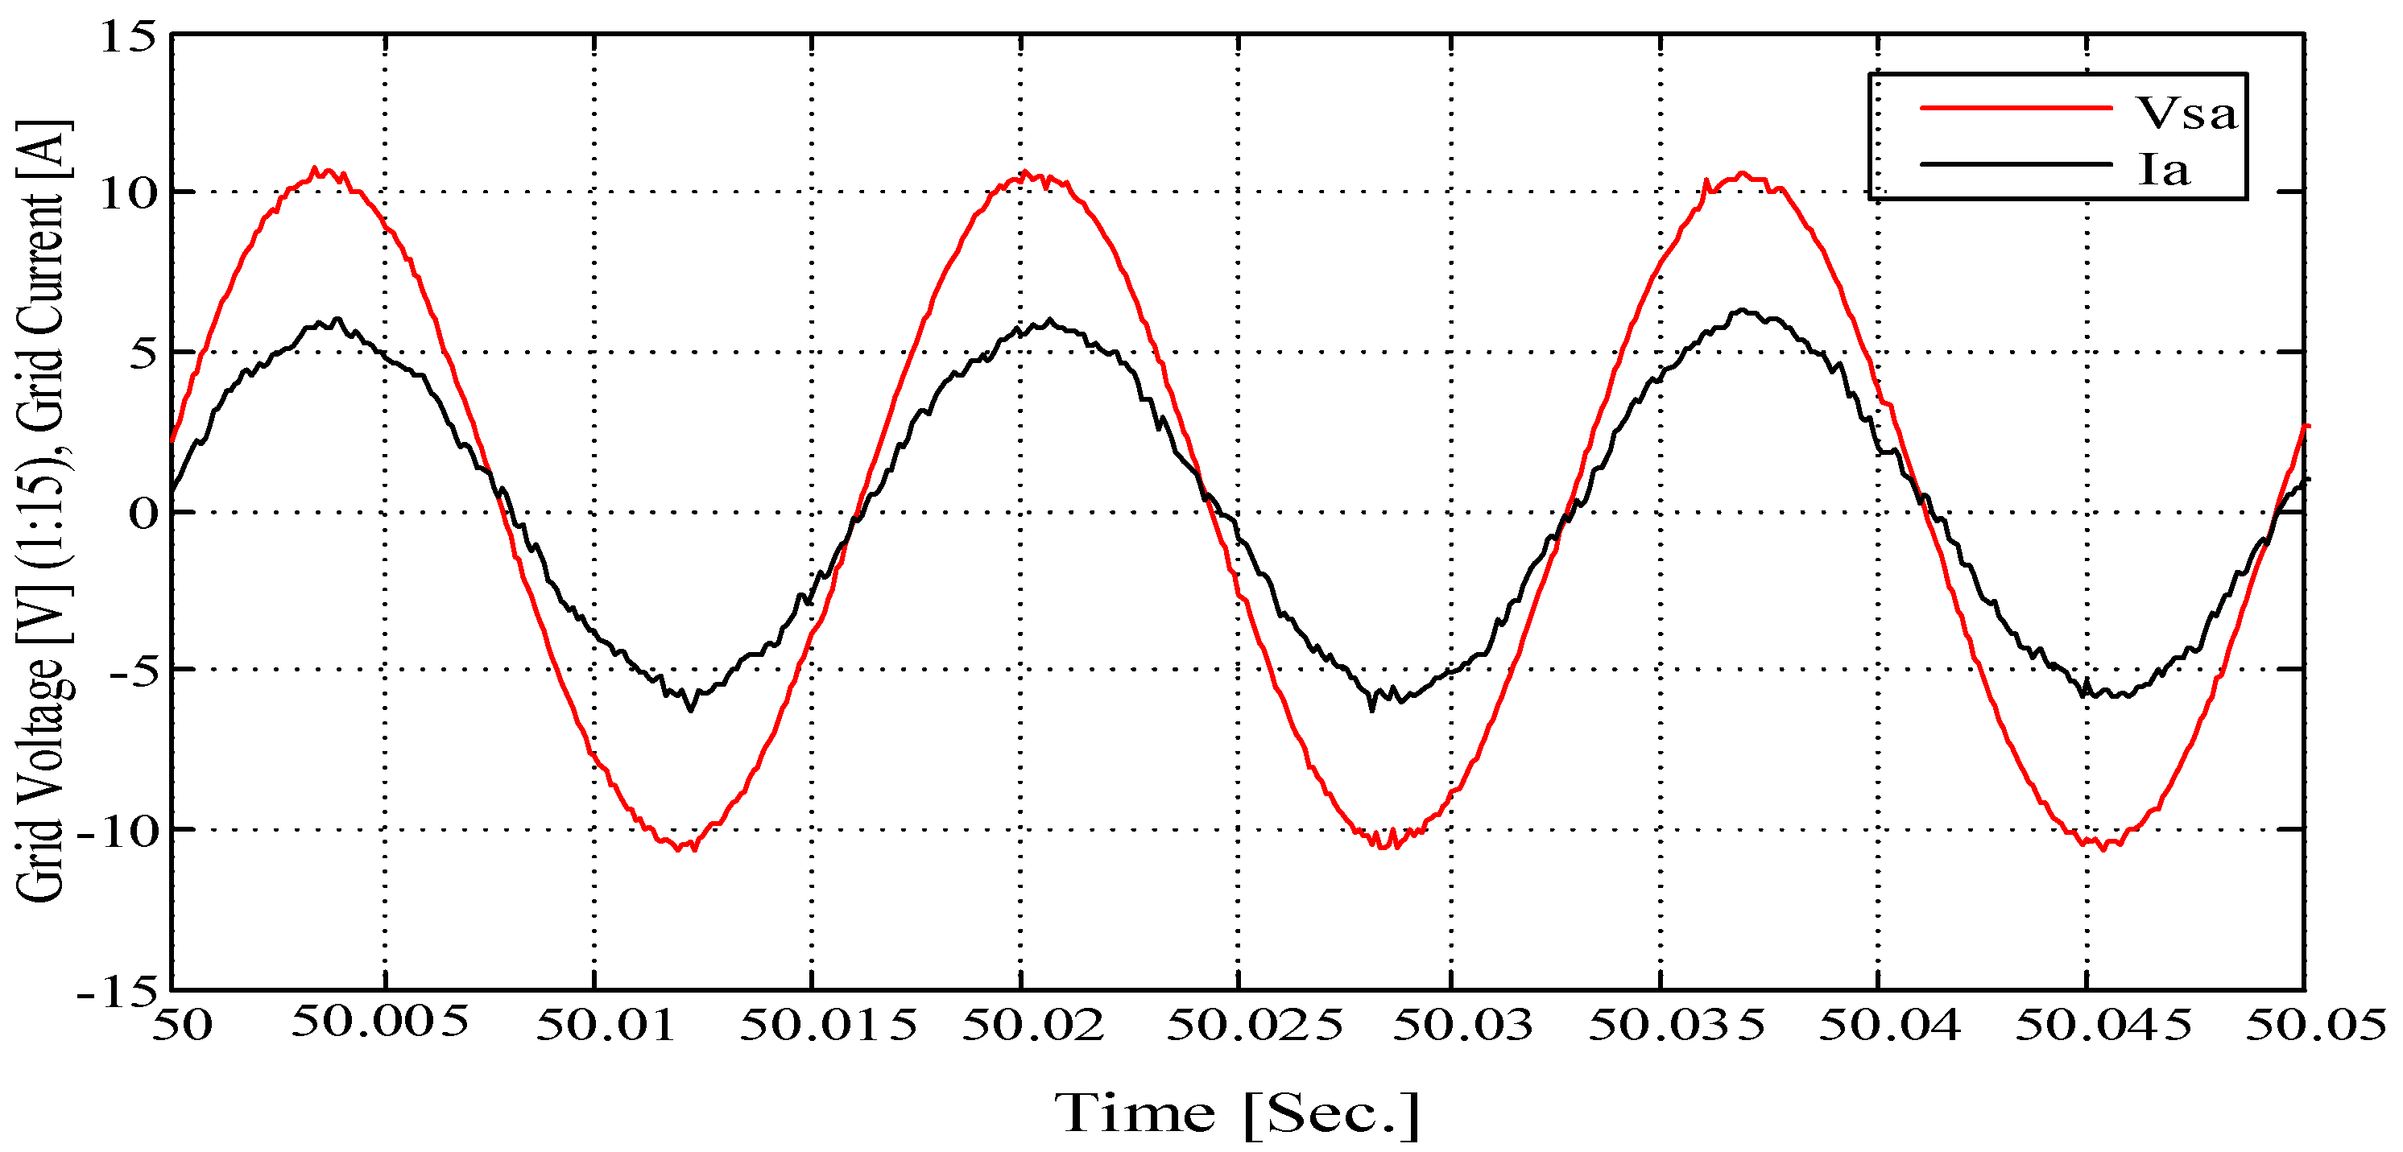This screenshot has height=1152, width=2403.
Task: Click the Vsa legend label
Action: pyautogui.click(x=2186, y=113)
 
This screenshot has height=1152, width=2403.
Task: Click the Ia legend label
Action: pyautogui.click(x=2163, y=170)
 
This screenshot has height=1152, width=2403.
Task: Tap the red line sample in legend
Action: pyautogui.click(x=2015, y=108)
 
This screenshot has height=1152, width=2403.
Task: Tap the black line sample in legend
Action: pyautogui.click(x=2015, y=165)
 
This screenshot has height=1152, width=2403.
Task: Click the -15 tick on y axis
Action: pyautogui.click(x=117, y=992)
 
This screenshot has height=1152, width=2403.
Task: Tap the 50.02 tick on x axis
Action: pyautogui.click(x=1032, y=1025)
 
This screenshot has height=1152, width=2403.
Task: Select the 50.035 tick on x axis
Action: pyautogui.click(x=1677, y=1025)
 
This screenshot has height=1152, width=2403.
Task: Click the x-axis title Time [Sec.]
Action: pyautogui.click(x=1237, y=1113)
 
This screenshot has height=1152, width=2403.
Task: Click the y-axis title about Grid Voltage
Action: pyautogui.click(x=42, y=511)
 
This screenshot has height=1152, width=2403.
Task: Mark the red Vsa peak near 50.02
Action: pyautogui.click(x=1026, y=174)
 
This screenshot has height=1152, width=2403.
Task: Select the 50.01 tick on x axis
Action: pyautogui.click(x=605, y=1025)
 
